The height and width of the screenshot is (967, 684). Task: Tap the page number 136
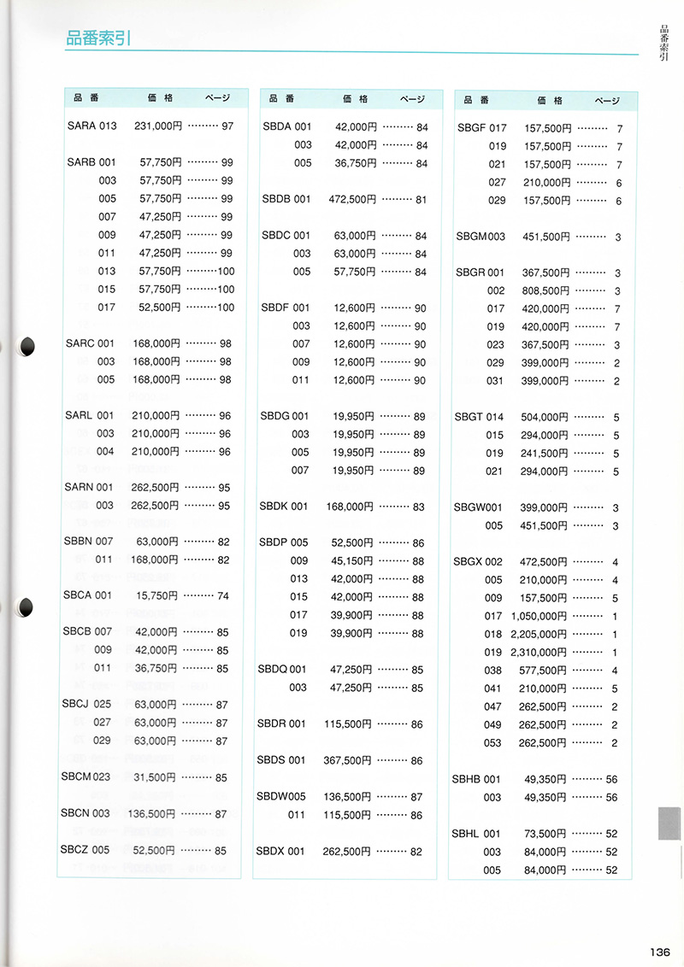tap(658, 953)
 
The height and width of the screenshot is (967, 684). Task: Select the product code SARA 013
tap(91, 126)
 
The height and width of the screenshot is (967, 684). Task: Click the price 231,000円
tap(158, 126)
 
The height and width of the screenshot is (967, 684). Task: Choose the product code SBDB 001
tap(286, 199)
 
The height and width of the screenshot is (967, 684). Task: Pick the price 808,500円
tap(545, 290)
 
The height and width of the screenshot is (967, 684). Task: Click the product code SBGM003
tap(481, 237)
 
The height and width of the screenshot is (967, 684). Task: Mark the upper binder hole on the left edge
tap(26, 345)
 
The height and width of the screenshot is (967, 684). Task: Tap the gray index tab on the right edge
tap(669, 825)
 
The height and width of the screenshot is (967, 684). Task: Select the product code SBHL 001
tap(476, 833)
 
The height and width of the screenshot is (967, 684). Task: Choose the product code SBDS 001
tap(281, 759)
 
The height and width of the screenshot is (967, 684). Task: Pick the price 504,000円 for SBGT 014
tap(545, 417)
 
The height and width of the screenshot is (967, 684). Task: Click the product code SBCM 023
tap(86, 777)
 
